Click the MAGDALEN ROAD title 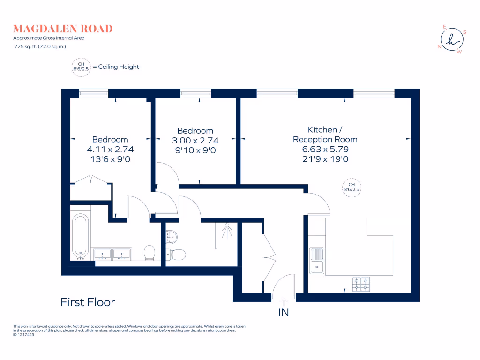63,29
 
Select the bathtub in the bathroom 80,237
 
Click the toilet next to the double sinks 150,253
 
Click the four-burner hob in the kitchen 360,283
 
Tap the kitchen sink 316,261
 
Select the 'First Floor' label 88,302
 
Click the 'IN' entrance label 284,313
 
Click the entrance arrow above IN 284,303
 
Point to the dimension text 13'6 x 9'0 110,159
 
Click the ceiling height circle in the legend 81,67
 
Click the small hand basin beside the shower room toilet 171,237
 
